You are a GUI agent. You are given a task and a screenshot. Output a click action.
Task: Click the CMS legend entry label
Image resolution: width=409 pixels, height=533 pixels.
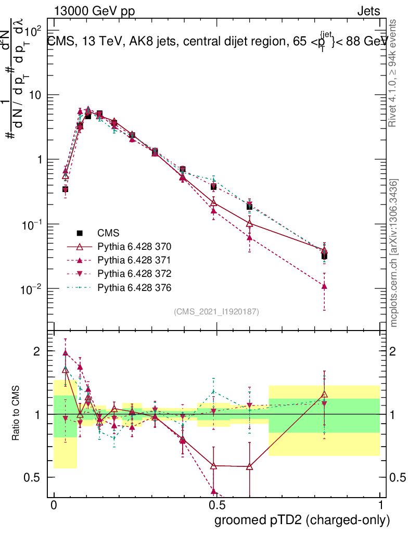point(108,233)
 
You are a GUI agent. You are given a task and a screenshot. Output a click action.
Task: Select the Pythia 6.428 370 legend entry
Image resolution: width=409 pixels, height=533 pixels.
point(134,246)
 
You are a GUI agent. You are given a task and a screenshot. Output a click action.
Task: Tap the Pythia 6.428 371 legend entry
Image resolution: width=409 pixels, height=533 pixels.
point(134,260)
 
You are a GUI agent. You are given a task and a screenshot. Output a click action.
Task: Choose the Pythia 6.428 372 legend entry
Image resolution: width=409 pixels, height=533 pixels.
point(134,273)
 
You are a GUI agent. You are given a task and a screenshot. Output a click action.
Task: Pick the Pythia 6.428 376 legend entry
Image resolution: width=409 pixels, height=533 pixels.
point(134,287)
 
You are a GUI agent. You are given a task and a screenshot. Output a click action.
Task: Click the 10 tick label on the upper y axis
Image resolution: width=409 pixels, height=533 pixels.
point(35,95)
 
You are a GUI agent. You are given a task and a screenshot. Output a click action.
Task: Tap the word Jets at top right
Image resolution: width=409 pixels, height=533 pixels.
point(368,11)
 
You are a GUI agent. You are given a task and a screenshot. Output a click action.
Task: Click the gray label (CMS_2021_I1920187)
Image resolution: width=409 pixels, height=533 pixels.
point(216,312)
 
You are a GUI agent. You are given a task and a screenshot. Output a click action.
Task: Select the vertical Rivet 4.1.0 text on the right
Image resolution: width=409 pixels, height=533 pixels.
point(394,72)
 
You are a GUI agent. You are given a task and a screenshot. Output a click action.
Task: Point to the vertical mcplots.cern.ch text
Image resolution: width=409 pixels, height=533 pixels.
point(394,253)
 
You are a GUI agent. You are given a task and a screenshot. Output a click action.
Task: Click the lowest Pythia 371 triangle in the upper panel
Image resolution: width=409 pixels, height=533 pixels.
point(324,286)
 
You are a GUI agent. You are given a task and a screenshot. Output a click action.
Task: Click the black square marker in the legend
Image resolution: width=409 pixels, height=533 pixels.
point(80,233)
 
